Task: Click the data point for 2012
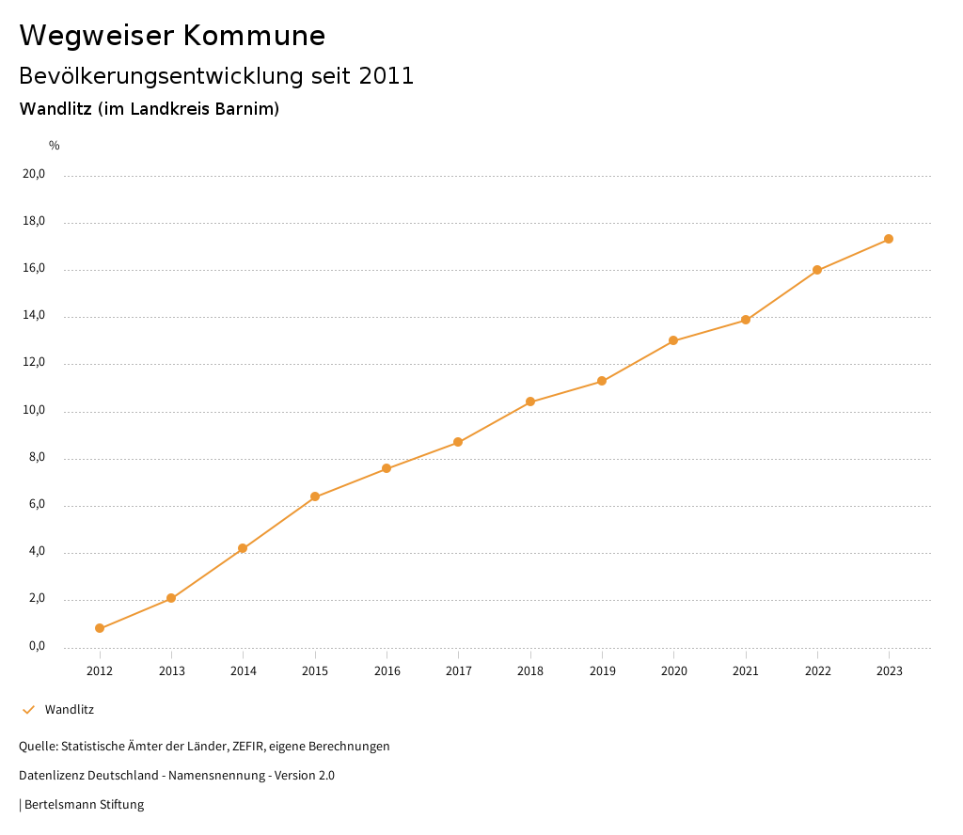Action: (100, 628)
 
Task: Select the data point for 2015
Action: (315, 496)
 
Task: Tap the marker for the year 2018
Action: (530, 402)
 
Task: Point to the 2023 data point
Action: (889, 239)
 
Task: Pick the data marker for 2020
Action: (673, 340)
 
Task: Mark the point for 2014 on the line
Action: (243, 548)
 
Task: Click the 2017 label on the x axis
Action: (459, 670)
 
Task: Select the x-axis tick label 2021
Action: (746, 670)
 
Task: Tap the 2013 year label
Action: (171, 670)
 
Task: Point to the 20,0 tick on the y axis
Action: (34, 174)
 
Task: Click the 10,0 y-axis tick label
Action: (34, 410)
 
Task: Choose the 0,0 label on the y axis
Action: (37, 646)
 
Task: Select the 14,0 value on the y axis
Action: (34, 316)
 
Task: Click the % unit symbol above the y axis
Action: (55, 146)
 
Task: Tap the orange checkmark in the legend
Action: (28, 709)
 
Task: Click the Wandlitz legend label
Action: (70, 709)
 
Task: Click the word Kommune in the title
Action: (254, 36)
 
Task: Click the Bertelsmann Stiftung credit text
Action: (84, 805)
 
